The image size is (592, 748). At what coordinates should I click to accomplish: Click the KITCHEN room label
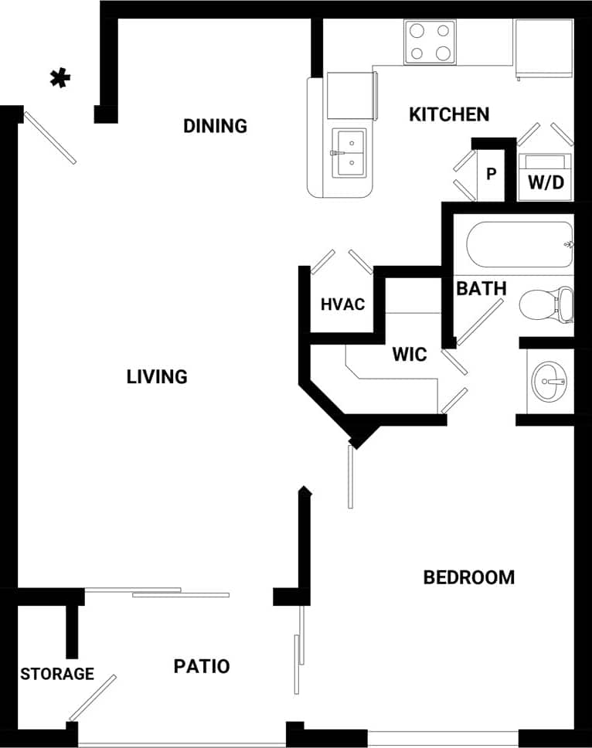click(448, 114)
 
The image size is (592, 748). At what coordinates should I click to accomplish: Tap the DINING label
click(215, 125)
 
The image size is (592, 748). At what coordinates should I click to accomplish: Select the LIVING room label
click(157, 376)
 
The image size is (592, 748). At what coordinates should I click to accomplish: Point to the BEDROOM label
click(468, 577)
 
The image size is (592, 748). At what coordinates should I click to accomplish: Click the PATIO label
click(201, 666)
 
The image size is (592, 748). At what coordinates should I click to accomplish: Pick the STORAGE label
click(57, 674)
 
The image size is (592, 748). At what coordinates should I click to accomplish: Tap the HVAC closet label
click(342, 304)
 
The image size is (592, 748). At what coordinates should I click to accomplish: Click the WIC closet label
click(409, 355)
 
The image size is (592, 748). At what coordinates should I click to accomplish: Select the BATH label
click(481, 289)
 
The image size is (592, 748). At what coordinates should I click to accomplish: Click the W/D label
click(546, 182)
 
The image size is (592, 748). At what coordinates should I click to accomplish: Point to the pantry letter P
click(490, 174)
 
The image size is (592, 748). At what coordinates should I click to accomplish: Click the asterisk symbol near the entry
click(60, 77)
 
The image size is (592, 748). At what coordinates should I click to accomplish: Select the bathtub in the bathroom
click(519, 244)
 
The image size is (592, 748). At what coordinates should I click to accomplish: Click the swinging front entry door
click(50, 138)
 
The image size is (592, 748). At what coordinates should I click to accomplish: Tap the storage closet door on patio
click(93, 698)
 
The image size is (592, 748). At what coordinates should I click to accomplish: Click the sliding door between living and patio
click(157, 593)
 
